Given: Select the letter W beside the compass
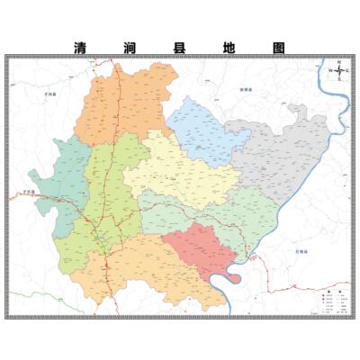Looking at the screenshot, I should pos(330,69).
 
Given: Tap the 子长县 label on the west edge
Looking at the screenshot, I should pos(29,192).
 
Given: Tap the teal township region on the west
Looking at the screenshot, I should pos(65,184).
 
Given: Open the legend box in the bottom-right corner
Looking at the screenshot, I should pos(331,300).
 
